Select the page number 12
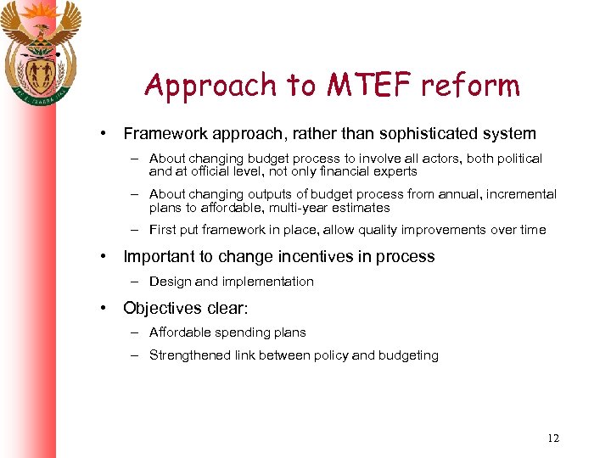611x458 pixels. (x=553, y=438)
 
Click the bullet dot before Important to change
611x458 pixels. (x=102, y=256)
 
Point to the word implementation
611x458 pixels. (x=269, y=282)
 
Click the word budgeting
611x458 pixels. (x=408, y=355)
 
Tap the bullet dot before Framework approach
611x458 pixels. (x=102, y=133)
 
